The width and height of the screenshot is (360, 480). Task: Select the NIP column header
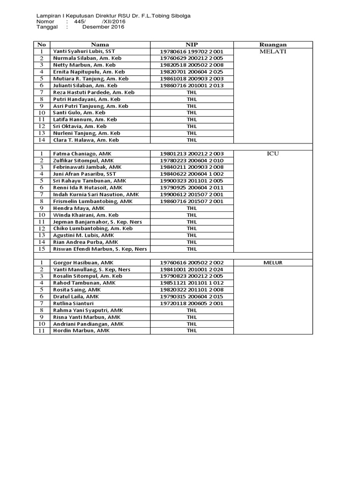[x=192, y=45]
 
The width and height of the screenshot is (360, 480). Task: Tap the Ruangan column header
[x=273, y=45]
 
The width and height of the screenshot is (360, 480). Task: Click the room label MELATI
[x=273, y=52]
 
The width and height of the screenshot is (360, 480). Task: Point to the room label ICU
[x=273, y=153]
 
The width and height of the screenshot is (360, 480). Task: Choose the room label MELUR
[x=273, y=263]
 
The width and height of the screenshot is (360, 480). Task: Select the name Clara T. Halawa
[x=86, y=140]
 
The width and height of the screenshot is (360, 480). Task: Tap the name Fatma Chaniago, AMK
[x=79, y=153]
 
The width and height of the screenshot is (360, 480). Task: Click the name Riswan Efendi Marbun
[x=100, y=249]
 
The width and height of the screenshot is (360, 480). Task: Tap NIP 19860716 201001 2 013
[x=192, y=86]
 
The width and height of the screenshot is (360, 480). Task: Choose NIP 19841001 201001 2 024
[x=192, y=270]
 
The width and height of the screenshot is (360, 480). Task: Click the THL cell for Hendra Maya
[x=192, y=208]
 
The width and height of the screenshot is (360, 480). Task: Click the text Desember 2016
[x=103, y=27]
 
